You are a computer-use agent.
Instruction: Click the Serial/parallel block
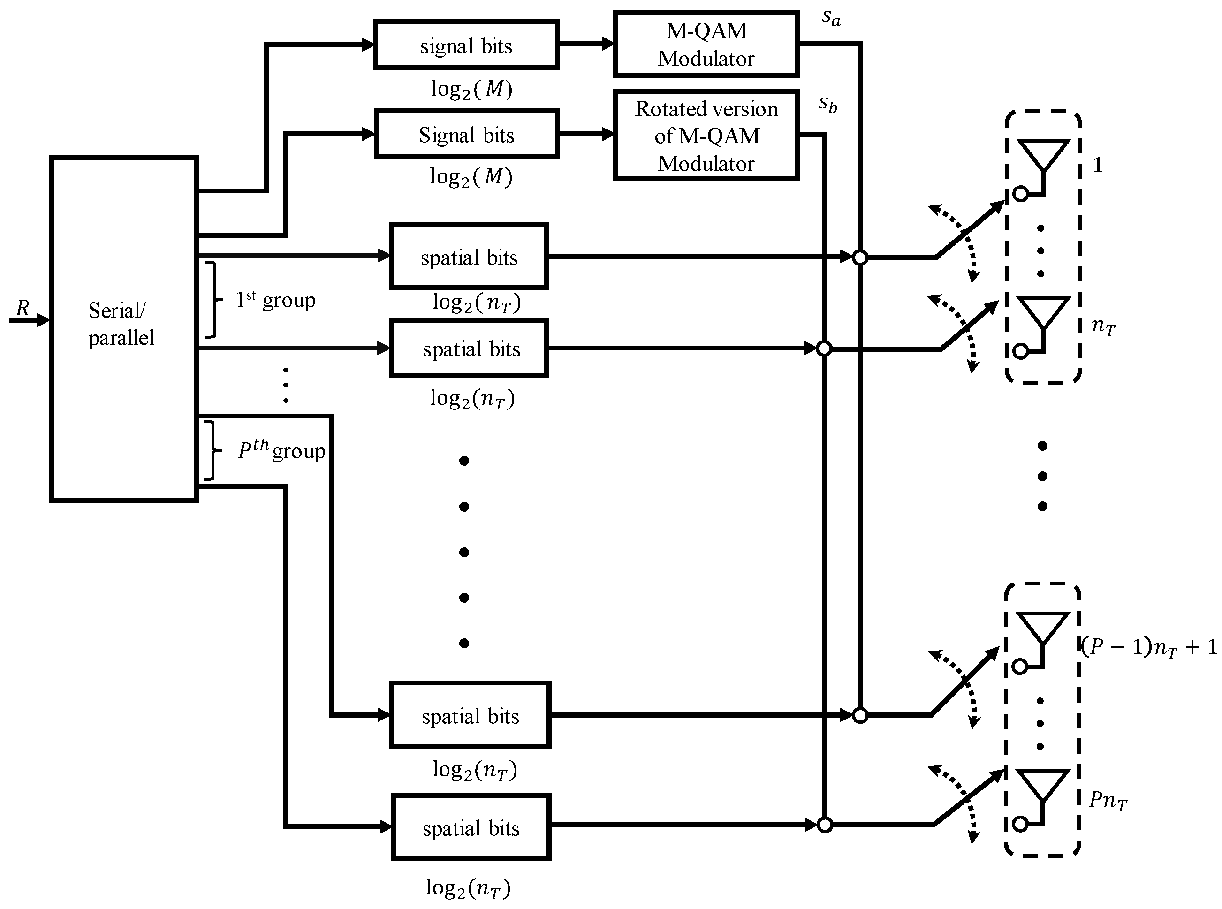124,328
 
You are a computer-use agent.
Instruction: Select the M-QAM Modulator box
706,44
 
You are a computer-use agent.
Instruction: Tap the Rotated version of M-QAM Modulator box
706,136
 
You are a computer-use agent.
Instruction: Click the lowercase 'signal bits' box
466,45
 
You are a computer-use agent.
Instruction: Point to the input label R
23,308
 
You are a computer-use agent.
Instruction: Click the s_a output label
831,18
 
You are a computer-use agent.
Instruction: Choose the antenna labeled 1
1043,157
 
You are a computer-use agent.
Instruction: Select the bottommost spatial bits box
471,826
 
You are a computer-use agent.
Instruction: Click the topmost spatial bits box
469,257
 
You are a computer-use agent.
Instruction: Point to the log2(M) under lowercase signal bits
471,89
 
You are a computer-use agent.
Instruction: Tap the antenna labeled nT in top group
1043,314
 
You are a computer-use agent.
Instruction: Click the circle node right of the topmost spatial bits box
860,257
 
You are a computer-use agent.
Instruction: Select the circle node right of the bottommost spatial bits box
824,825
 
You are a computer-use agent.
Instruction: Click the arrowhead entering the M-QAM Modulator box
607,44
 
